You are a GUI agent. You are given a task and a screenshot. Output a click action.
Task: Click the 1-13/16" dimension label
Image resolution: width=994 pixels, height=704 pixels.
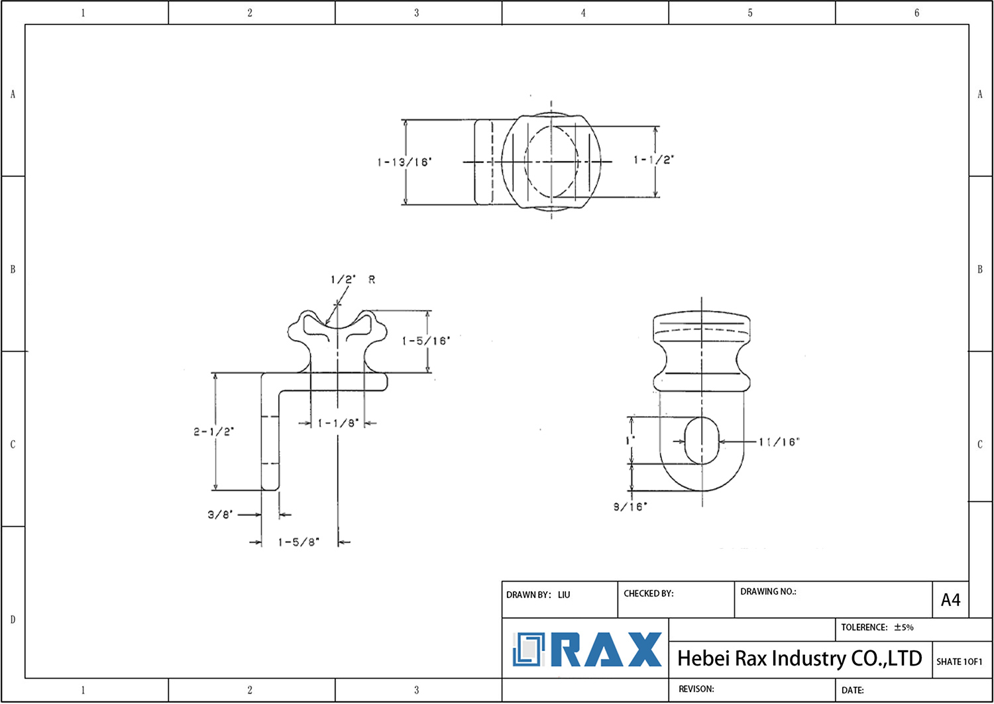click(x=404, y=162)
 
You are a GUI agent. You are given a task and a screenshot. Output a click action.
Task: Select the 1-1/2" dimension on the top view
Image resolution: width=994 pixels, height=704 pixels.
click(x=653, y=160)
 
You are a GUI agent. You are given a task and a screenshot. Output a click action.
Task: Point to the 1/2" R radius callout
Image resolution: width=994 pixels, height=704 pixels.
click(x=353, y=280)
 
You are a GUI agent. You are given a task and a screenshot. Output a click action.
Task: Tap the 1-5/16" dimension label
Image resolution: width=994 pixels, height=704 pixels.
click(x=425, y=341)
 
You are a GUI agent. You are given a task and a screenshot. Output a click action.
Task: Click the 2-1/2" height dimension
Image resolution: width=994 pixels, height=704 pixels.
click(x=213, y=432)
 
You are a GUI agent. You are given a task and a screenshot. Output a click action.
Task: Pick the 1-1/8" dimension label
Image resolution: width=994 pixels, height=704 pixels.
click(x=338, y=423)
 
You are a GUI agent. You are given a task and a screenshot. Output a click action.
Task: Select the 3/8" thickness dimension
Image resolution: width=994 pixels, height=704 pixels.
click(x=220, y=514)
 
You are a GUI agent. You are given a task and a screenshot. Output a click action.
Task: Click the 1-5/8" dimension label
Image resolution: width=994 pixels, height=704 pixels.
click(x=298, y=542)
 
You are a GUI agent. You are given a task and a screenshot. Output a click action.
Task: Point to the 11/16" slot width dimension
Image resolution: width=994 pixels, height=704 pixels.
click(x=779, y=442)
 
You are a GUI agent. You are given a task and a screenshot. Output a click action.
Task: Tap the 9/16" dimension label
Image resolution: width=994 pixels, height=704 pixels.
click(x=630, y=507)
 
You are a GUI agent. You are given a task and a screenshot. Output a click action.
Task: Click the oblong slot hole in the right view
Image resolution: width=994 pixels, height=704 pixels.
click(x=701, y=441)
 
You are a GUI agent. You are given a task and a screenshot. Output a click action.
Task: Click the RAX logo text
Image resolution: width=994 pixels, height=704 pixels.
click(x=606, y=650)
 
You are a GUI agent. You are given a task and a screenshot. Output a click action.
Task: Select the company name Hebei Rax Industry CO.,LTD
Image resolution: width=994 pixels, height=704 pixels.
click(x=799, y=658)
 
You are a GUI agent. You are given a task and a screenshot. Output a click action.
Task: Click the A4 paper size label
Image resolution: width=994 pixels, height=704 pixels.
click(x=950, y=600)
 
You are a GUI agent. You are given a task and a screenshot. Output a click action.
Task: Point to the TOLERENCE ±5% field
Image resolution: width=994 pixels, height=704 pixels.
click(x=877, y=627)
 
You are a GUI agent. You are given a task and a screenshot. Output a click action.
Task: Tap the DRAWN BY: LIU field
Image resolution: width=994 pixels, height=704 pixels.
click(x=537, y=595)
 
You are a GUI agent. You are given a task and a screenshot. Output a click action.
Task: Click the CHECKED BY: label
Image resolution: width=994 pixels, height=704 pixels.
click(x=648, y=593)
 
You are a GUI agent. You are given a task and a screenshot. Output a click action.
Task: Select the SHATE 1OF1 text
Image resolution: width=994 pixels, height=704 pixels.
click(x=959, y=662)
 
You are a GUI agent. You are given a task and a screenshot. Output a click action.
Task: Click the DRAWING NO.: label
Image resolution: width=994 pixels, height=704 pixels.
click(x=767, y=591)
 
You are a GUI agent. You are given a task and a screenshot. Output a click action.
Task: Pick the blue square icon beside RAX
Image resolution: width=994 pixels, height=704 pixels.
click(x=528, y=650)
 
